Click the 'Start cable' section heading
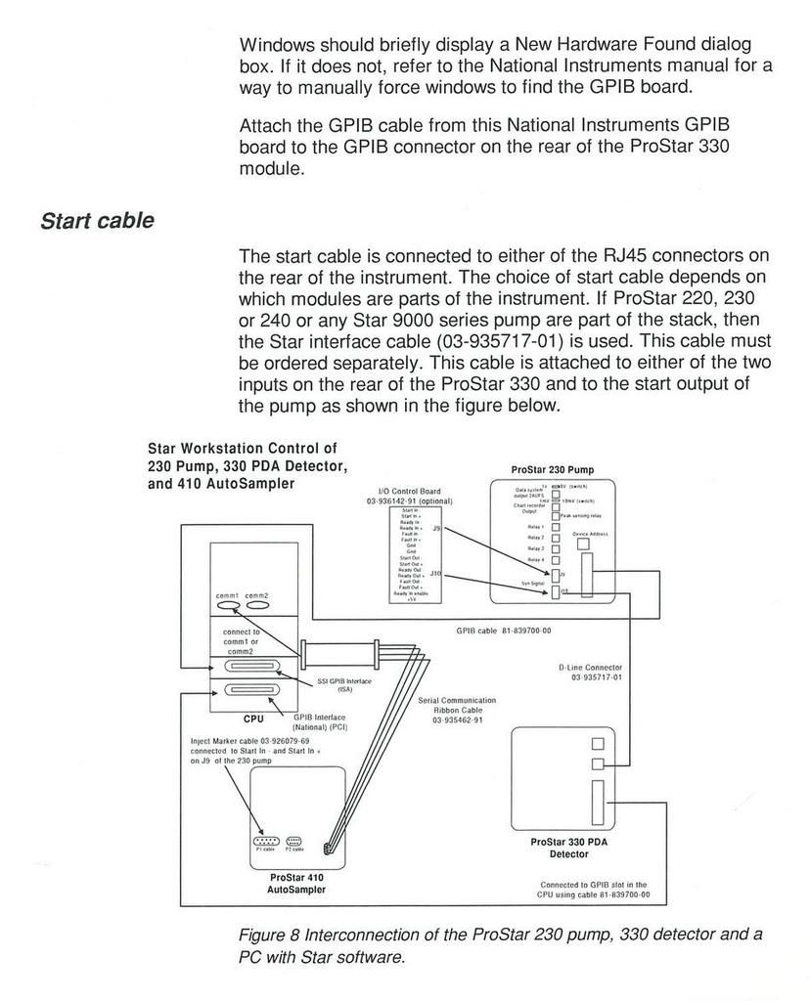pos(97,221)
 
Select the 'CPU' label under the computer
pos(253,718)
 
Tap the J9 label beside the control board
pos(436,529)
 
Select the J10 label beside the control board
pos(436,574)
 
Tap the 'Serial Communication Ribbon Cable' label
pos(457,710)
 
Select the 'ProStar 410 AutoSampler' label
pos(295,884)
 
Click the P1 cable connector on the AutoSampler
pos(266,841)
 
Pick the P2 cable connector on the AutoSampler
pos(294,841)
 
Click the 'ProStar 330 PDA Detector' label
pos(567,848)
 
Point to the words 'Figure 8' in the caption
pos(269,936)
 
